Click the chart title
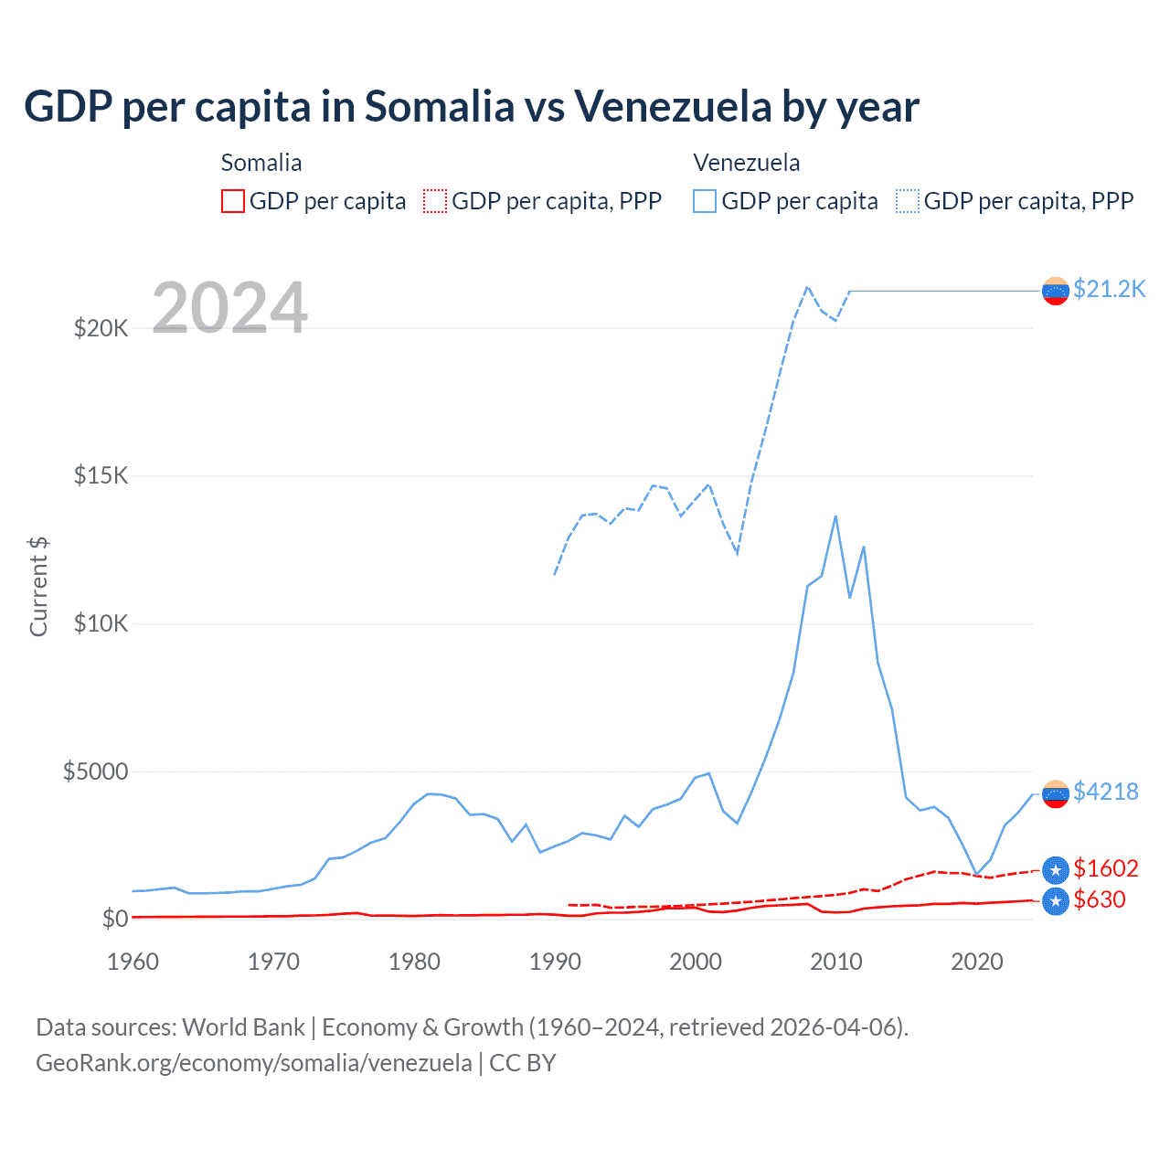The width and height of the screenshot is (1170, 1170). point(471,107)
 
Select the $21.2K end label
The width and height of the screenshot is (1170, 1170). point(1109,289)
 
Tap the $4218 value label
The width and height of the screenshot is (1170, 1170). point(1105,792)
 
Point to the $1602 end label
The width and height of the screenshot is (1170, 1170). point(1105,868)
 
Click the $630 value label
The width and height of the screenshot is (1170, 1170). point(1099,899)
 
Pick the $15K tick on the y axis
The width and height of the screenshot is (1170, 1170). point(101,475)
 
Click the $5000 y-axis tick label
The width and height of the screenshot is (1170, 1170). point(95,771)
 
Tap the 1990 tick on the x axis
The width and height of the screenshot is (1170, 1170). point(555,962)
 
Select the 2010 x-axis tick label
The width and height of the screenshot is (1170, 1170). point(836,962)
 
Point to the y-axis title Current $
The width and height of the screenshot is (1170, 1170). point(38,587)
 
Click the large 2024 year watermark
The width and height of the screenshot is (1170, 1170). point(229,308)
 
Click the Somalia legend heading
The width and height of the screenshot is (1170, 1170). point(261,163)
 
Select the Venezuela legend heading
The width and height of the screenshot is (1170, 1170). point(747,163)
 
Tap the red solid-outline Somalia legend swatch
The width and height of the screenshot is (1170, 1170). point(233,201)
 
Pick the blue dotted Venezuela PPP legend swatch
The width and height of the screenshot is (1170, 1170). point(908,201)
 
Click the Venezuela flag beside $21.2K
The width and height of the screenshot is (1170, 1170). point(1056,291)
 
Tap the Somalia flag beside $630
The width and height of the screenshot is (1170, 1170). point(1056,901)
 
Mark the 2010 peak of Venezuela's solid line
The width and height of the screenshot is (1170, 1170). point(835,516)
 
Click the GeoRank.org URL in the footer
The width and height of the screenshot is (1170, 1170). point(254,1063)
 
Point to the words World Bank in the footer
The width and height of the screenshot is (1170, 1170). point(243,1027)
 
